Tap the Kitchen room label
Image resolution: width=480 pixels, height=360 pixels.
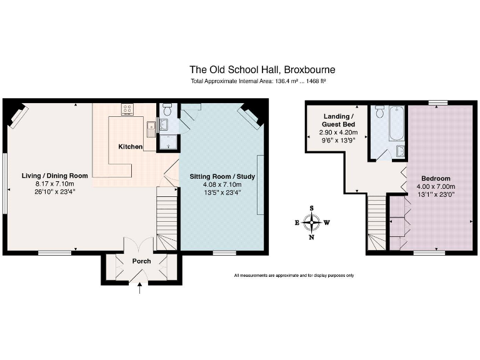coord(131,147)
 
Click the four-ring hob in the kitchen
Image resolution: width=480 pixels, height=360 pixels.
coord(127,109)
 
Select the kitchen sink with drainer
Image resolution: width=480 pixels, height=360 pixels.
coord(151,128)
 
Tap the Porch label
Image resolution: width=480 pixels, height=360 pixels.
coord(141,261)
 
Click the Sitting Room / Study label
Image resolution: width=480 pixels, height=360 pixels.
coord(222,177)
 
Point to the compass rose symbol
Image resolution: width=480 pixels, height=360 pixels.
coord(311,221)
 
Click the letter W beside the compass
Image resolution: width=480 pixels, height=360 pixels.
coord(326,222)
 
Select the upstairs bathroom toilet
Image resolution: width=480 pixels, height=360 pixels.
coord(379,112)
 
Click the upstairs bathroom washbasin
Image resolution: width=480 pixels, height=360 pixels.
coord(400,152)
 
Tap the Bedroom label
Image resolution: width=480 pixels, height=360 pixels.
coord(436,178)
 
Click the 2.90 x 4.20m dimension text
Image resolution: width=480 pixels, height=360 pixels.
coord(338,132)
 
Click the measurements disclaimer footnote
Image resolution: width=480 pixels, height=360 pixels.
coord(294,276)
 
